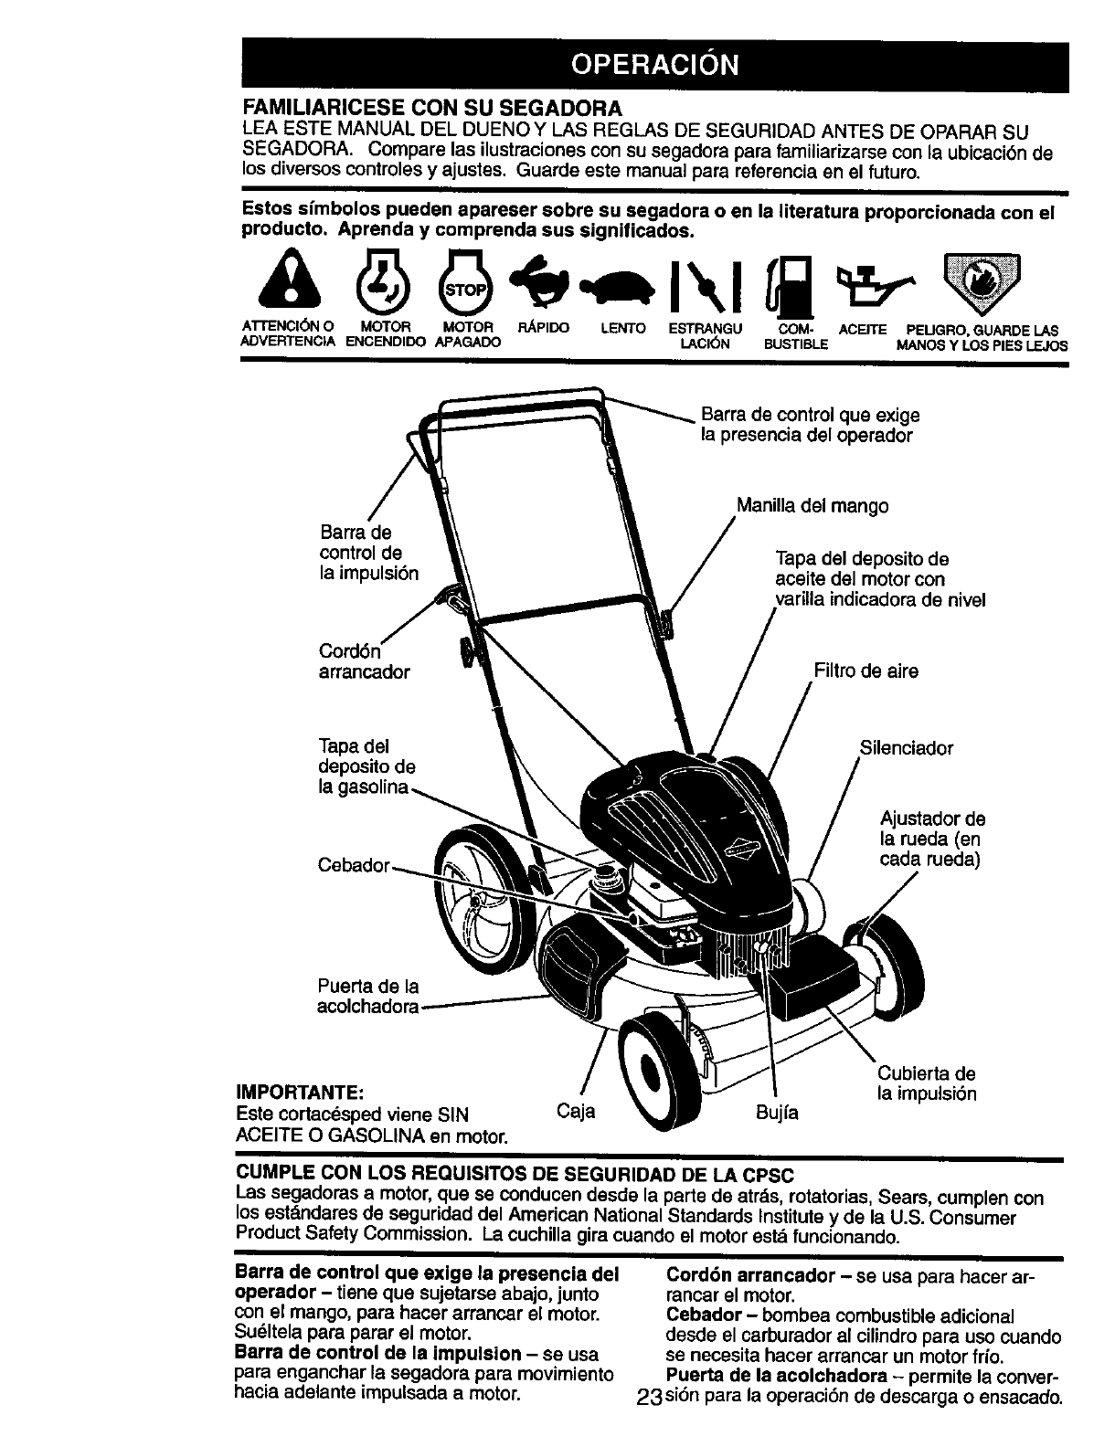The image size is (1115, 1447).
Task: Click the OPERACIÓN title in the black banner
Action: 653,66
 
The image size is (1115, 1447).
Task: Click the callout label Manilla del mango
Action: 812,505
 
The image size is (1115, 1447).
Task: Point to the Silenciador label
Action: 906,749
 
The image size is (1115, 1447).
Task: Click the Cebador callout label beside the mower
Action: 355,865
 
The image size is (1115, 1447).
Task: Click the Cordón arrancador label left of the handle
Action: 364,661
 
